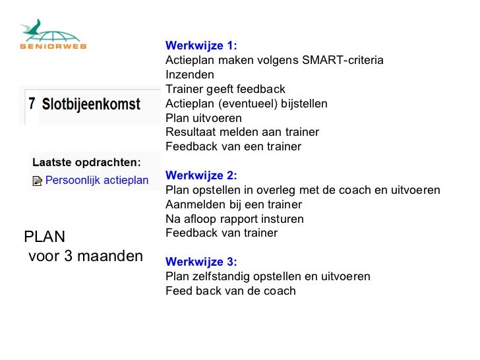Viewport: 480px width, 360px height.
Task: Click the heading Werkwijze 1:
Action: pos(200,45)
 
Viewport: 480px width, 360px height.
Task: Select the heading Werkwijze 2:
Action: pos(200,175)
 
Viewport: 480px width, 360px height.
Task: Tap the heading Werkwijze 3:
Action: pos(200,262)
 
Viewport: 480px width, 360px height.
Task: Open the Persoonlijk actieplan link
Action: pos(96,180)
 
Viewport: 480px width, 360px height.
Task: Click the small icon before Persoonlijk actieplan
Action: pos(37,181)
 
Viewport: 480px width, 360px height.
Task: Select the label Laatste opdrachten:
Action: pos(86,162)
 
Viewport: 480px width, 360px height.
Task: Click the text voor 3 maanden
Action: pos(86,256)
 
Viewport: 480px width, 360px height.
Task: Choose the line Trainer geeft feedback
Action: pos(225,89)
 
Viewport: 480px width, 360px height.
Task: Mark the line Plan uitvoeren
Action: pos(203,118)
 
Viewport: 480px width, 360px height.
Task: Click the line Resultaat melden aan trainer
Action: pos(241,133)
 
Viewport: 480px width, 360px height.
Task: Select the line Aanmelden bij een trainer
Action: pos(233,204)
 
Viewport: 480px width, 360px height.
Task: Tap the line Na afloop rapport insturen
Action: pos(234,219)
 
